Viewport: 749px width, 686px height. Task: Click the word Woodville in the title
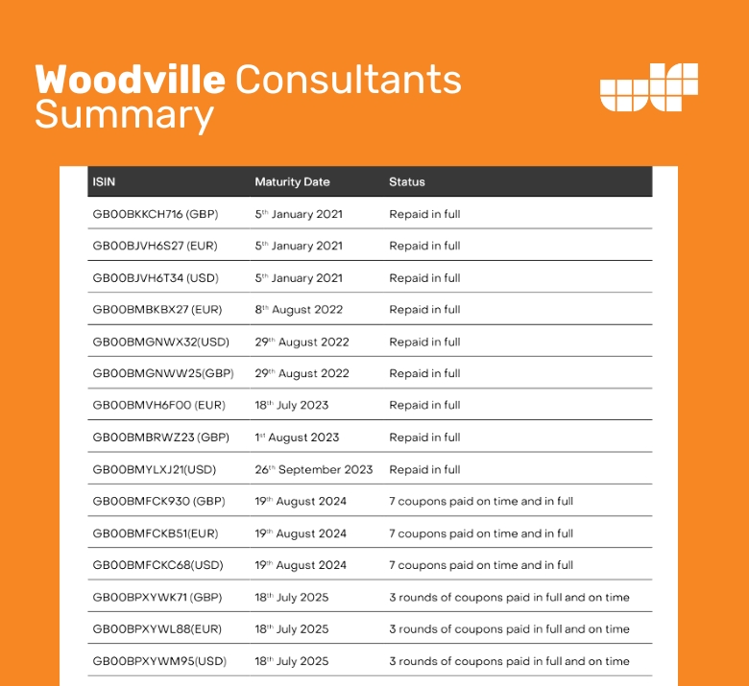(x=131, y=80)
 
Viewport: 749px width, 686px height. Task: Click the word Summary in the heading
(x=124, y=116)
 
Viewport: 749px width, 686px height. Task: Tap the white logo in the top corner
(x=648, y=87)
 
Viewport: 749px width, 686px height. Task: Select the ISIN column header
(x=104, y=181)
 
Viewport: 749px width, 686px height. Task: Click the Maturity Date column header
(x=292, y=181)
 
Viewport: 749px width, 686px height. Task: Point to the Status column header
(x=407, y=181)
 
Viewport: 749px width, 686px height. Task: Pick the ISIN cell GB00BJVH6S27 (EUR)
(x=155, y=246)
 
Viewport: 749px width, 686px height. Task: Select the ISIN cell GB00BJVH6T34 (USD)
(x=155, y=278)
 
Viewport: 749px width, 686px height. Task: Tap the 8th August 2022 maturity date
(x=299, y=310)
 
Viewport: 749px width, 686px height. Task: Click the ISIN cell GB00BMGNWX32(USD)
(x=160, y=342)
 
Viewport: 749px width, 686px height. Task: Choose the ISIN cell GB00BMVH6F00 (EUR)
(x=158, y=406)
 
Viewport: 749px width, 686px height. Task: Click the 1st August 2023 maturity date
(x=297, y=438)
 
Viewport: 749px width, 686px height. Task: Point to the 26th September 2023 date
(x=314, y=469)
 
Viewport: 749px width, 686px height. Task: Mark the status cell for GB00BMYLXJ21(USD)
(x=424, y=469)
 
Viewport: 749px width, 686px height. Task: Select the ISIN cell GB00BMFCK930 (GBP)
(x=158, y=502)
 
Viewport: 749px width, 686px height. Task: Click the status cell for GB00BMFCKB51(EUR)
(x=481, y=533)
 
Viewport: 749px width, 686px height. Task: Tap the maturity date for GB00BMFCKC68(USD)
(x=301, y=565)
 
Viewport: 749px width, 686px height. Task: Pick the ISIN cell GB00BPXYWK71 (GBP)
(x=157, y=598)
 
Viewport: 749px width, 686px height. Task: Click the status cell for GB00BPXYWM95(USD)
(x=509, y=661)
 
